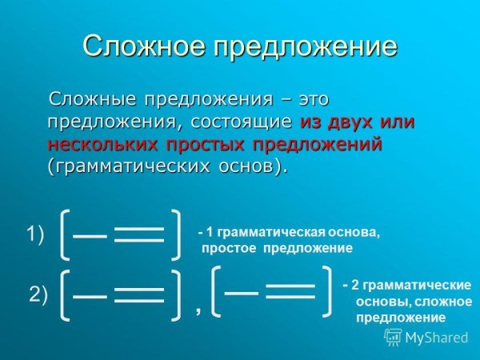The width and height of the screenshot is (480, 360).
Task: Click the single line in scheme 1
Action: (90, 235)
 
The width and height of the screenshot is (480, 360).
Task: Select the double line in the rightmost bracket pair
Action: (290, 291)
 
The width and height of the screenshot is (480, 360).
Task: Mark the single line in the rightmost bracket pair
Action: (241, 292)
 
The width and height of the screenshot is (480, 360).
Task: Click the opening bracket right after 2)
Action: (66, 294)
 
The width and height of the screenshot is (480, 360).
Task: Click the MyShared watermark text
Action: (436, 338)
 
